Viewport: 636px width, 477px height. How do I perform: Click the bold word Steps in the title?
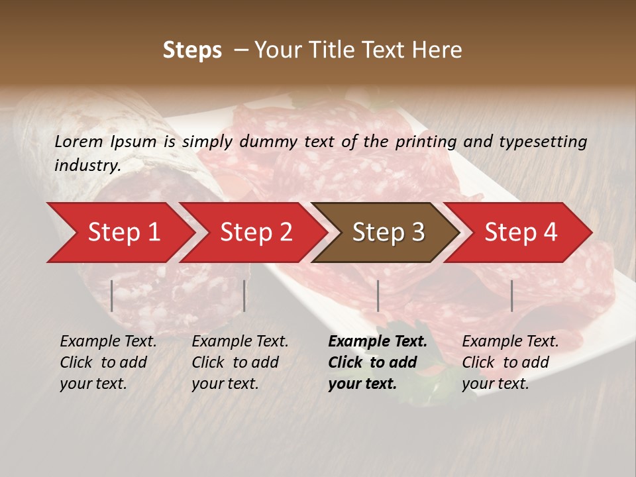click(192, 50)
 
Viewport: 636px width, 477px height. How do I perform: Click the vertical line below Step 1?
click(112, 295)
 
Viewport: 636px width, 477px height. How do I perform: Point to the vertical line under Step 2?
click(244, 295)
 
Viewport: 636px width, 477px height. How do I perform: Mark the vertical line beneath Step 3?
click(378, 295)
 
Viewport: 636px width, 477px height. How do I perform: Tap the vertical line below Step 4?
click(511, 295)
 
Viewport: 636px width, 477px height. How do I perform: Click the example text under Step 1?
click(108, 362)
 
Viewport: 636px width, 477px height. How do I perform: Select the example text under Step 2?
click(240, 362)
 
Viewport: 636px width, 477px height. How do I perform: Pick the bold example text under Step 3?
click(378, 362)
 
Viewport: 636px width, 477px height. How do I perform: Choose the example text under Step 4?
click(510, 362)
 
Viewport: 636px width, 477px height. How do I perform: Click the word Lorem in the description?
click(79, 141)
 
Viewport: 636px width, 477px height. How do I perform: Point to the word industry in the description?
click(87, 166)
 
